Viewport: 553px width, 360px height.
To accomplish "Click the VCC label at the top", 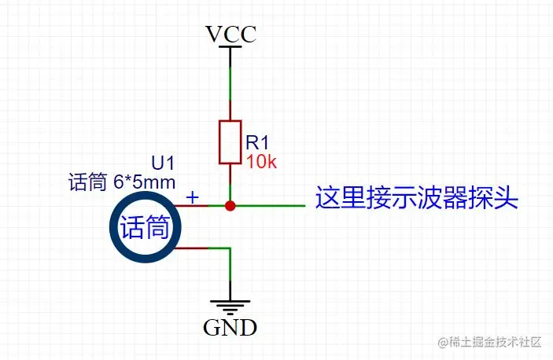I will point(230,35).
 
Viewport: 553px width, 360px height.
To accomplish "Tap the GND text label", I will point(230,327).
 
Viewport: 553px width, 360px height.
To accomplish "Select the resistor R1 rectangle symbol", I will point(230,142).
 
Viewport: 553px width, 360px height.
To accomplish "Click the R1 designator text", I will point(258,142).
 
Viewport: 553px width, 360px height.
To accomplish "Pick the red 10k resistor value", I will point(260,162).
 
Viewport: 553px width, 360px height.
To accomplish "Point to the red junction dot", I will point(230,206).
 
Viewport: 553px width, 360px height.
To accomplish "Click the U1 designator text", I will point(163,163).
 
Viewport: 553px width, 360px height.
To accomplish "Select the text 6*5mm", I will point(143,183).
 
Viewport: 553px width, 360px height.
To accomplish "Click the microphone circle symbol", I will point(145,228).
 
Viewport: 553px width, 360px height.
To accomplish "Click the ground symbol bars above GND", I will point(230,307).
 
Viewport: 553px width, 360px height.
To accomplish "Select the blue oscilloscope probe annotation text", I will point(417,197).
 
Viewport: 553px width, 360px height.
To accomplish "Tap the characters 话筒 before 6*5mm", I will point(87,183).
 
